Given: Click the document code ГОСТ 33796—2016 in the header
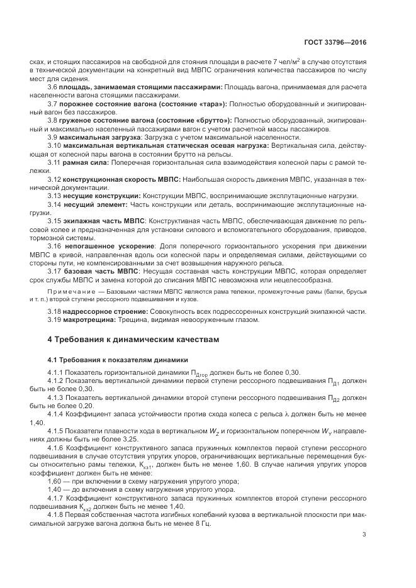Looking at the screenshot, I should [x=335, y=43].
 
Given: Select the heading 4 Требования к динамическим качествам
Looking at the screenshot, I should [x=133, y=340].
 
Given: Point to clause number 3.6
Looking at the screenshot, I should [x=53, y=86].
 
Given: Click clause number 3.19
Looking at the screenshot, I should [x=55, y=319].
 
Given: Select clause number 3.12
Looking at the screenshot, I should [x=55, y=179].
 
